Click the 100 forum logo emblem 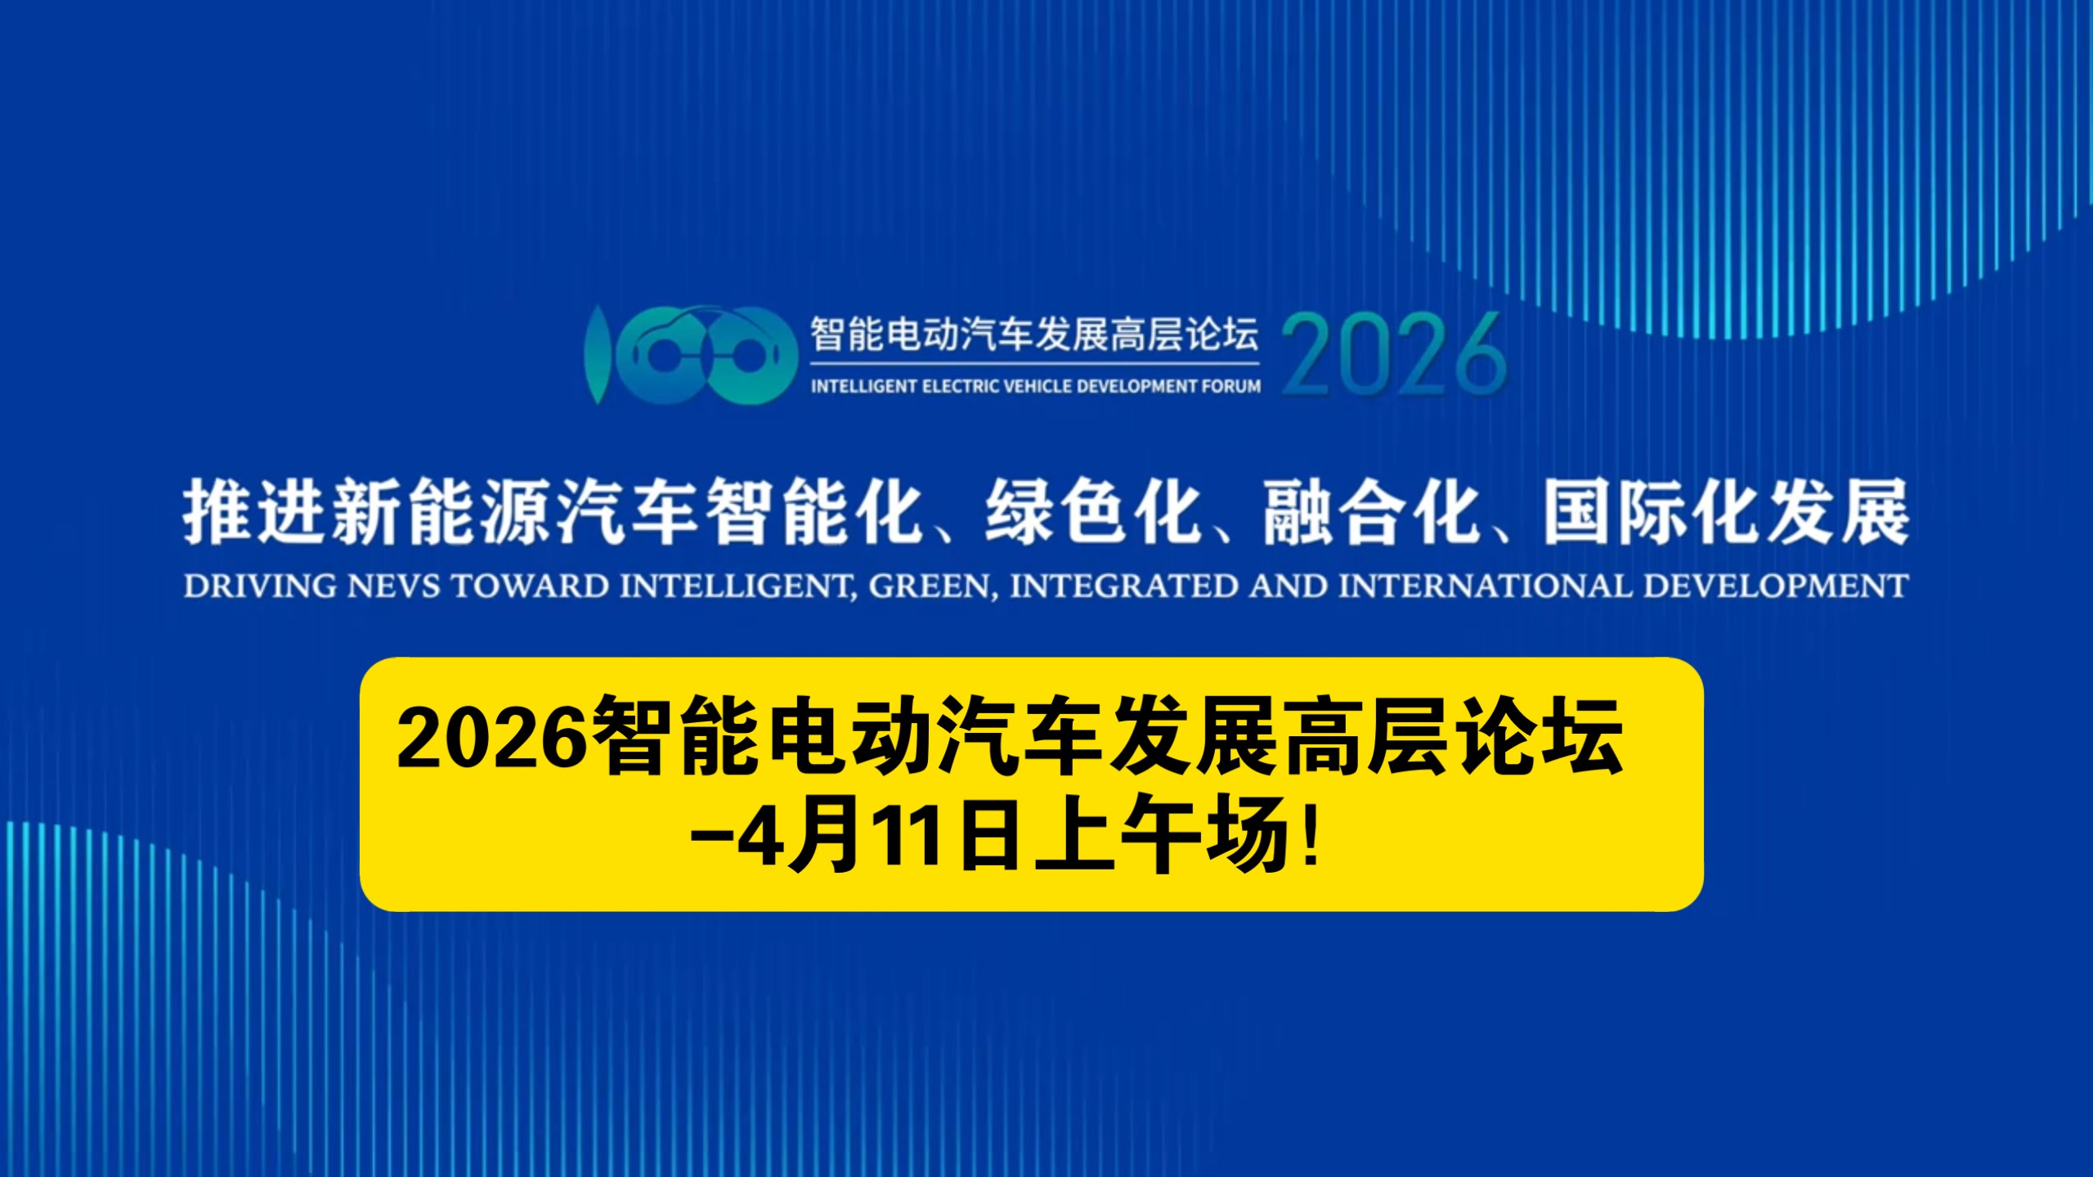691,354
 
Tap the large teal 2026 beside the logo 1394,354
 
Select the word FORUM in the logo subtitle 1230,386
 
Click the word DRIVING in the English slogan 260,586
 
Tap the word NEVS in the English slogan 394,586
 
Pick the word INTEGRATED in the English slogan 1124,586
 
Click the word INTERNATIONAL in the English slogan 1485,586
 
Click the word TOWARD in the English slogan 531,586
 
